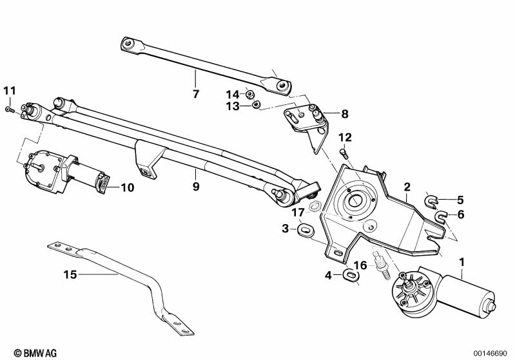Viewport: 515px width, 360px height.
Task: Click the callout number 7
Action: [x=196, y=94]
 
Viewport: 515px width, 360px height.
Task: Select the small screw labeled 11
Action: [x=10, y=110]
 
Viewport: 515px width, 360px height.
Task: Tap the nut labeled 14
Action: [x=249, y=95]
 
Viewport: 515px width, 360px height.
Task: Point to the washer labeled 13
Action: [x=255, y=105]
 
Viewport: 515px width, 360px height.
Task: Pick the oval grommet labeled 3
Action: [x=306, y=229]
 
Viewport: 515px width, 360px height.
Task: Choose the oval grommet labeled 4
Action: [x=350, y=275]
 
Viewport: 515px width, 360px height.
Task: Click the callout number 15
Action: [x=70, y=274]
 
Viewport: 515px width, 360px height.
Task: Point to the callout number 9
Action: [x=196, y=187]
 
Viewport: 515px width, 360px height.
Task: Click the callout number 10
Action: [x=128, y=187]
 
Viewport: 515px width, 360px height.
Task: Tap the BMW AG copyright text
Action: [x=35, y=353]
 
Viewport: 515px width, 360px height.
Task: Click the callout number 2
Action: [x=407, y=187]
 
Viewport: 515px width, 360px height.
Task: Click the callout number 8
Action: [x=344, y=114]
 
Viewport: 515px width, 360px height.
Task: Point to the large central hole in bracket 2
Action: [x=354, y=200]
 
